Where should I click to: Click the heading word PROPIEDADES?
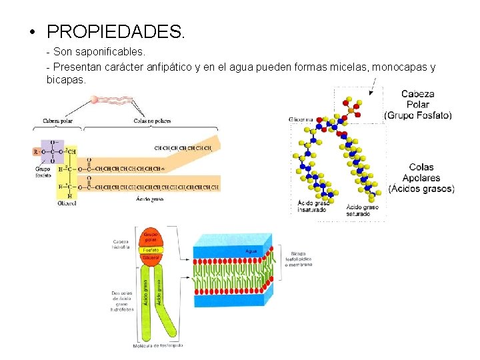click(117, 31)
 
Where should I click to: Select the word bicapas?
click(66, 79)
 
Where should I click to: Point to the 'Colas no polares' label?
click(152, 121)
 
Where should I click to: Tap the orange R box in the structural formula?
click(35, 151)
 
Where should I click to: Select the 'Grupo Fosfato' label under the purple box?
click(43, 173)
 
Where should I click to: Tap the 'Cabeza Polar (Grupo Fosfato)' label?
click(418, 105)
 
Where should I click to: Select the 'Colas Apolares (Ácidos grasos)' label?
click(421, 178)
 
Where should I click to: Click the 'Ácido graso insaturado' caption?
click(312, 206)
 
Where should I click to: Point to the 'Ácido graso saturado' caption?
click(363, 211)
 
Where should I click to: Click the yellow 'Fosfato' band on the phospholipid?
click(151, 249)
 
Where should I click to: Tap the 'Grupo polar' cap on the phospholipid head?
click(151, 237)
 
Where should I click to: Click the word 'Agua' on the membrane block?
click(251, 251)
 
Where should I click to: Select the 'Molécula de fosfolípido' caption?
click(159, 345)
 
